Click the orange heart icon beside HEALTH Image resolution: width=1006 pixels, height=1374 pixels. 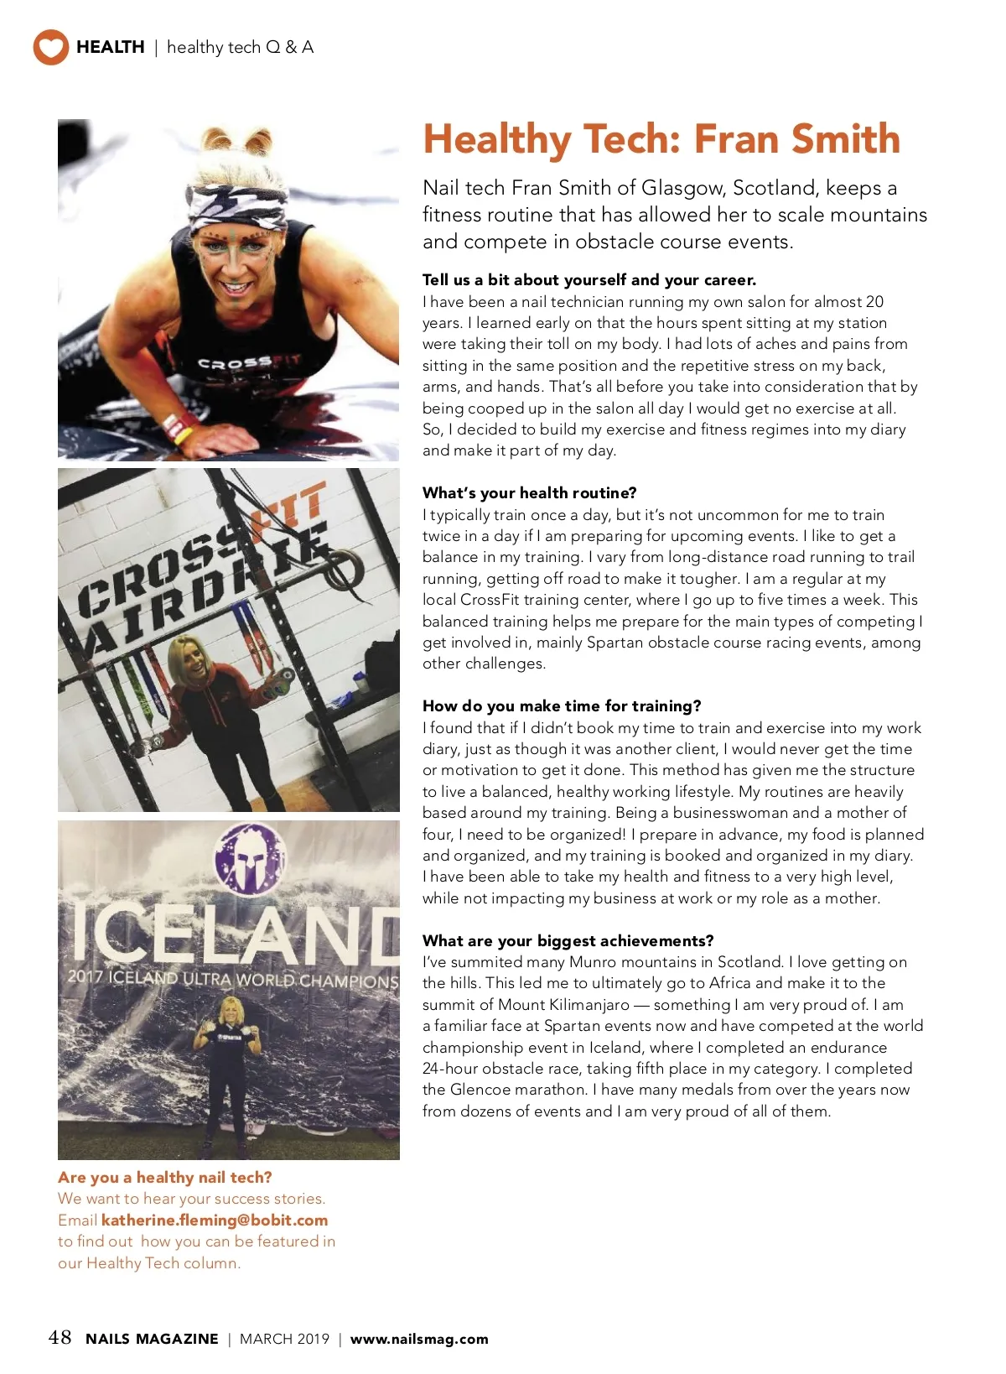(50, 47)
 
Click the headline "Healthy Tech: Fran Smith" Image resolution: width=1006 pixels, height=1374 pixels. (661, 139)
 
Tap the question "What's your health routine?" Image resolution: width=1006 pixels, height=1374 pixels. (529, 492)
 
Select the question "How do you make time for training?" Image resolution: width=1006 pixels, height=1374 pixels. (562, 705)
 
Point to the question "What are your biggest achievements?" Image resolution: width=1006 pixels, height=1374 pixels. (568, 940)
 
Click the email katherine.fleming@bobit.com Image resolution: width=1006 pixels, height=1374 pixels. (215, 1220)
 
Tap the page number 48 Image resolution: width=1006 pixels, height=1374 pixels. (60, 1337)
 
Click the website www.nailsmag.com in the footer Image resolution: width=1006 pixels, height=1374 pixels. (419, 1339)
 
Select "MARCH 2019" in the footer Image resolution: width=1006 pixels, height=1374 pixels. (284, 1339)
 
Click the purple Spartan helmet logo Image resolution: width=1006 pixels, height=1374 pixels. (250, 858)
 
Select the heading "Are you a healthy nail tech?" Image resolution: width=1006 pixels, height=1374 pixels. (165, 1178)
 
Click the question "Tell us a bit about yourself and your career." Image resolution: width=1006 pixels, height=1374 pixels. (589, 280)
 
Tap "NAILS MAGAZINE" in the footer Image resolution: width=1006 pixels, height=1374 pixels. (152, 1339)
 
